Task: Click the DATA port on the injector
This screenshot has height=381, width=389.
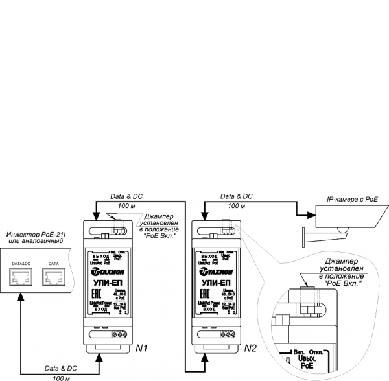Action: [x=54, y=278]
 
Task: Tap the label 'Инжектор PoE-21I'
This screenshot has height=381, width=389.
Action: [x=34, y=233]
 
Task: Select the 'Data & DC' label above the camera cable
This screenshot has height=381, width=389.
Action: [x=237, y=196]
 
